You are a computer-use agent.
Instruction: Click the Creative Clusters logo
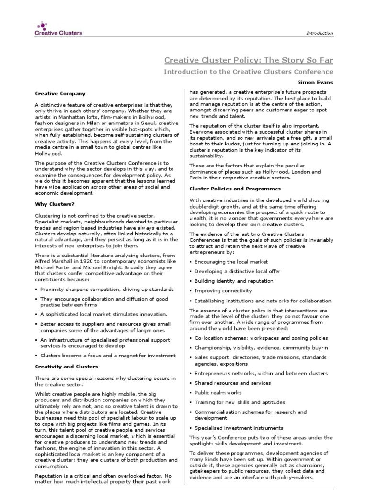click(58, 28)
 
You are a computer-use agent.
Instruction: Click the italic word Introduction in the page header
click(320, 33)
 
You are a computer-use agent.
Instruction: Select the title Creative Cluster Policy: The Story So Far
click(249, 60)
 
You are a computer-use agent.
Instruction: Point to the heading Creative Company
click(60, 93)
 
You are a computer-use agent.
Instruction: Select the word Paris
click(196, 178)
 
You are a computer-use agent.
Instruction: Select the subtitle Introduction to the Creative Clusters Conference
click(248, 72)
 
